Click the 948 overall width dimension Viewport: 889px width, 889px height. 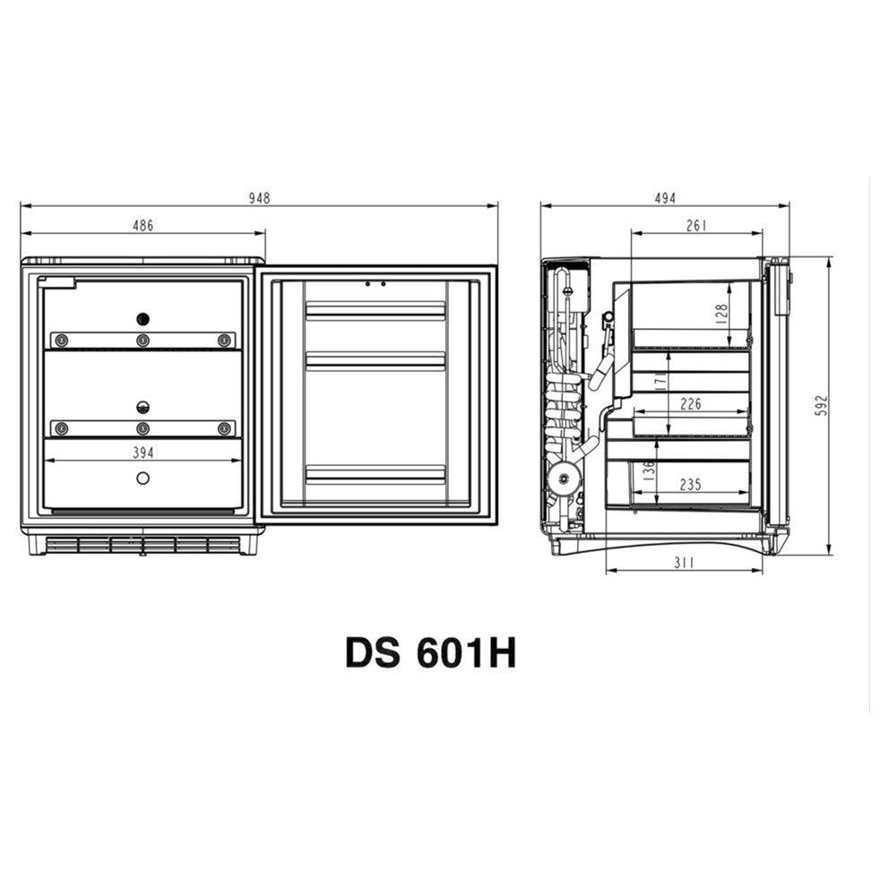pos(259,198)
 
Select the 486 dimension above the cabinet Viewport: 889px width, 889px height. pos(143,226)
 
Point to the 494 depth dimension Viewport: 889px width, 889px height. pos(664,198)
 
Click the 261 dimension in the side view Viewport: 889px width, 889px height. pos(696,226)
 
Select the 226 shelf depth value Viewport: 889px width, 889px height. pos(691,404)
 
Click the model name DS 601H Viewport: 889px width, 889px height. pos(430,652)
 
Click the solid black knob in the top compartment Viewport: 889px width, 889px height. pos(142,318)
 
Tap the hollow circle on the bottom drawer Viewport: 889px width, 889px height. pos(142,478)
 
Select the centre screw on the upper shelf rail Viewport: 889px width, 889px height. pos(142,340)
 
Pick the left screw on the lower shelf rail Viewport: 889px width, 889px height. pos(61,427)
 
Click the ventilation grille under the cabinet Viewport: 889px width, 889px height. pos(142,544)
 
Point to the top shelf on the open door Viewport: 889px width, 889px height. pos(375,310)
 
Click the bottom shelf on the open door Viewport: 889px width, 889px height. pos(375,473)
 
